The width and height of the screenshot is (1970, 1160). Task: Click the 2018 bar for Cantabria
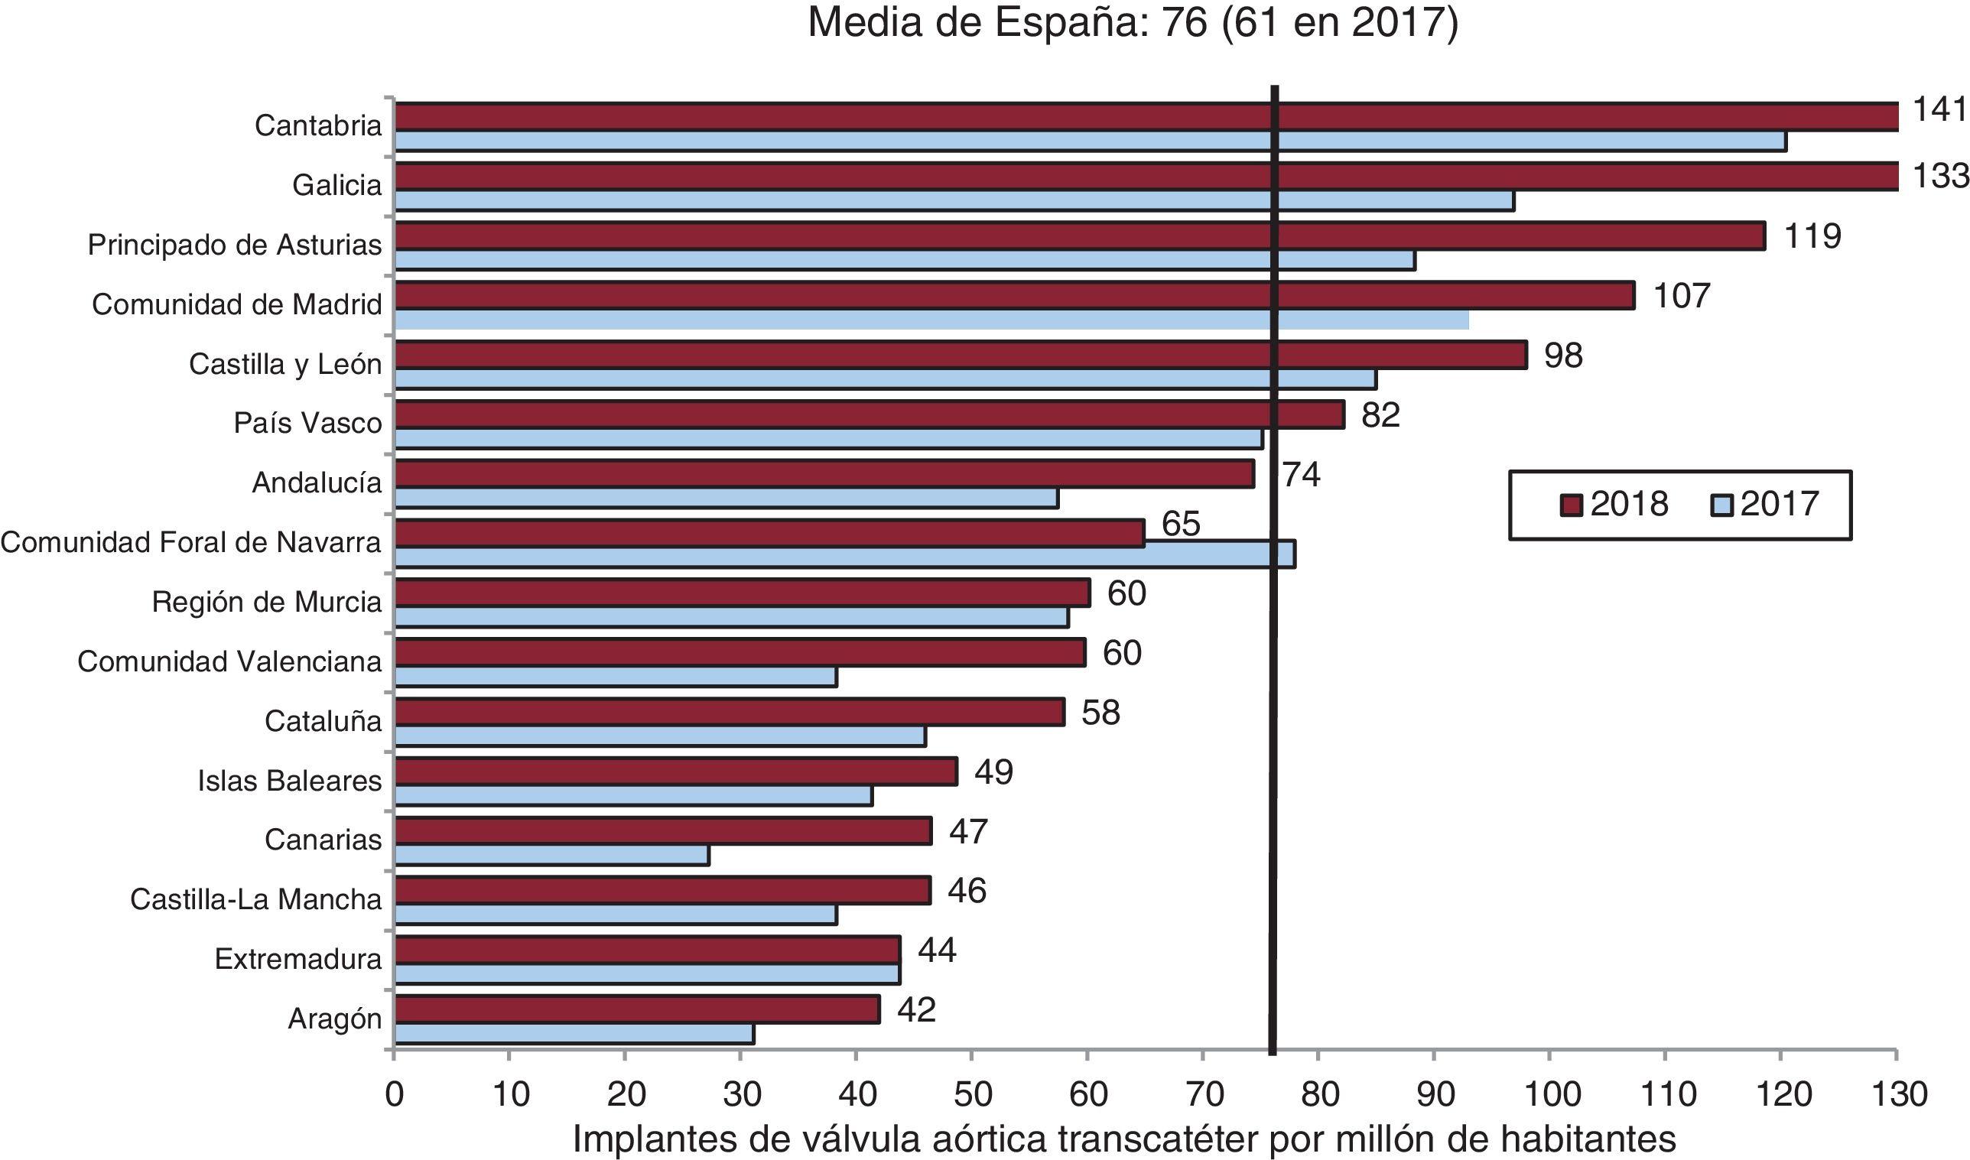pos(1146,116)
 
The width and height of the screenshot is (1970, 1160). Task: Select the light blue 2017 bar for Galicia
pos(954,201)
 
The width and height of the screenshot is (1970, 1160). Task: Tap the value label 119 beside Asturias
pos(1812,236)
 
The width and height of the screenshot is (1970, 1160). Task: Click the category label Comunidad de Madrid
pos(237,304)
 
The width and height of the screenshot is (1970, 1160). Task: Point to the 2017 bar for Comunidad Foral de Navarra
pos(844,554)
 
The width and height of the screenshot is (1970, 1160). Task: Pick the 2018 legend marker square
pos(1571,505)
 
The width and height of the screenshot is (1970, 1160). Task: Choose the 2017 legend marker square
pos(1722,505)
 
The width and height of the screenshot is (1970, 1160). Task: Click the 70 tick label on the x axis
pos(1204,1094)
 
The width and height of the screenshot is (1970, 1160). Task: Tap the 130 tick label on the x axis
pos(1897,1094)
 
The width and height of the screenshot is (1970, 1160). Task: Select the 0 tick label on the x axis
pos(395,1094)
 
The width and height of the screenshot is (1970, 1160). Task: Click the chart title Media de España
pos(1133,24)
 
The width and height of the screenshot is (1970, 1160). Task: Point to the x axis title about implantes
pos(1124,1139)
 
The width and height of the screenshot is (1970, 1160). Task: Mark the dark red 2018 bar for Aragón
pos(637,1009)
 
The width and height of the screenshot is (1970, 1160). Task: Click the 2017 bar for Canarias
pos(552,855)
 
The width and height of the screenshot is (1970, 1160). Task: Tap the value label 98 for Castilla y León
pos(1563,356)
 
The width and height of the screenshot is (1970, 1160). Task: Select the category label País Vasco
pos(308,423)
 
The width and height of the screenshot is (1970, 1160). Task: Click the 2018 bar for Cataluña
pos(730,712)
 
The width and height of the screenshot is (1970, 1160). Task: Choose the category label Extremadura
pos(297,959)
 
